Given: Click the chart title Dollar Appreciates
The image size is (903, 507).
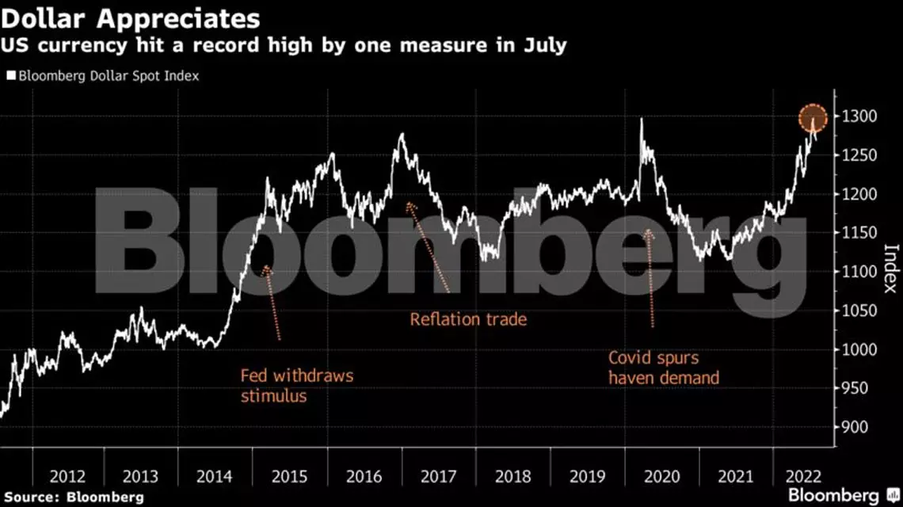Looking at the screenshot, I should click(x=131, y=17).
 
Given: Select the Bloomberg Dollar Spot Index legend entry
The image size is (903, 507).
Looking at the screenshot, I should click(x=103, y=76).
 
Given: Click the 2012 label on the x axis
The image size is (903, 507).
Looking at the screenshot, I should click(x=68, y=477).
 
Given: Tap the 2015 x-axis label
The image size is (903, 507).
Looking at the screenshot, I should click(x=291, y=477).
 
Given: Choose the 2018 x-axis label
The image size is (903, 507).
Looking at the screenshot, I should click(x=512, y=477).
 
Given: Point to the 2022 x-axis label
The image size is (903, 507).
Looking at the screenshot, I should click(x=802, y=477).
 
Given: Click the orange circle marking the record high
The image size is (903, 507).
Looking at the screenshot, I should click(x=813, y=119).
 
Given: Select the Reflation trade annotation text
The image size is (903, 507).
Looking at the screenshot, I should click(x=468, y=320).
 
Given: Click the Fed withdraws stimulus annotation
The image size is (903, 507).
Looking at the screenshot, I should click(x=296, y=385).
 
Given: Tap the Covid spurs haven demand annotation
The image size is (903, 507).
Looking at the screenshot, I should click(x=664, y=368).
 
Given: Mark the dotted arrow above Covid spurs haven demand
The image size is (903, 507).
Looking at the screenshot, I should click(x=650, y=277).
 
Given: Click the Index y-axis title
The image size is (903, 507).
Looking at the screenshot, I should click(x=891, y=268).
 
